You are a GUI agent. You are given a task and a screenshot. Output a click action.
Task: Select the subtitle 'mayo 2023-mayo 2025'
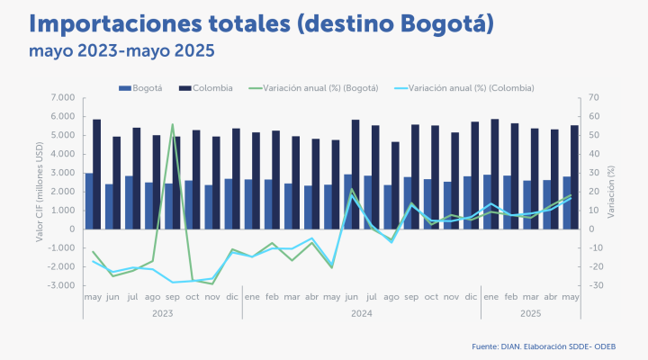click(x=121, y=50)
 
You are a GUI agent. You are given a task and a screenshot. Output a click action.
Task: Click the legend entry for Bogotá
click(x=141, y=88)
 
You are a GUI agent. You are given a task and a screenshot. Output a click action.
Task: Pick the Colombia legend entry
click(x=206, y=88)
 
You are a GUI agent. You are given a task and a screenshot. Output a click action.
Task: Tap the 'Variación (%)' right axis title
click(x=610, y=191)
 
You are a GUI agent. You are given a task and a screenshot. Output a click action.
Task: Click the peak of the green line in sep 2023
click(x=173, y=125)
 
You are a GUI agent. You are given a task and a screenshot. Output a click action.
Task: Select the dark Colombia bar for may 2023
click(x=97, y=174)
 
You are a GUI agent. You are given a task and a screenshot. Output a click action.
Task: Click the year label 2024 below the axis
click(x=361, y=314)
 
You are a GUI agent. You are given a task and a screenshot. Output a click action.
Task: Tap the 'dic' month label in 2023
click(x=231, y=297)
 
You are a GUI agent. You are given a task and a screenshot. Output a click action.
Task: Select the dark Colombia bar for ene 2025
click(x=495, y=174)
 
